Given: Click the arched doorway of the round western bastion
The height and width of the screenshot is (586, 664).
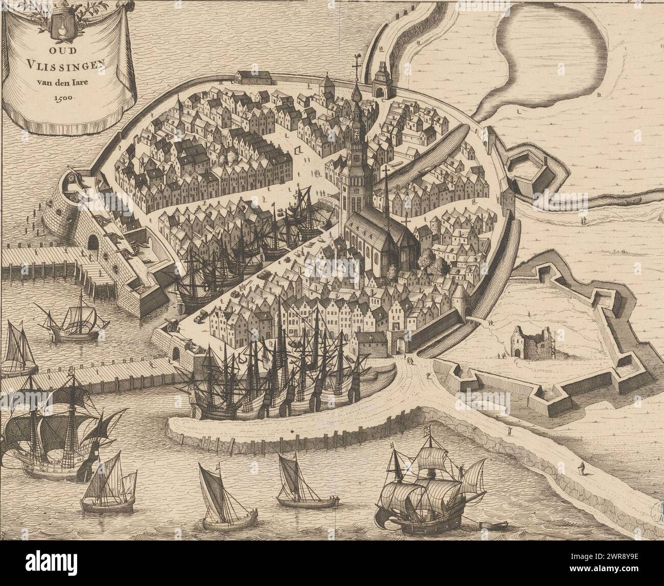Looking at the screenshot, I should [92, 241].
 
